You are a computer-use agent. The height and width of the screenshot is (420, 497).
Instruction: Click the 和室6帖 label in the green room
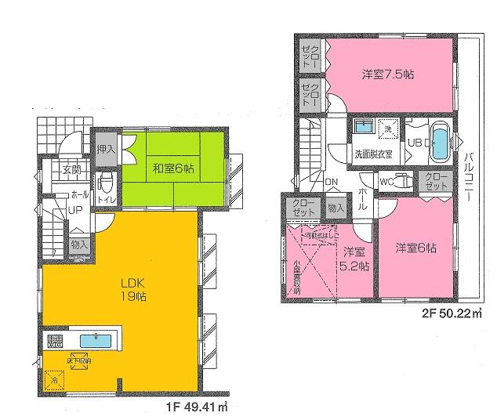[x=173, y=168]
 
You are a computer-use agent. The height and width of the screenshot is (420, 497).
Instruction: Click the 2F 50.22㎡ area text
[x=451, y=313]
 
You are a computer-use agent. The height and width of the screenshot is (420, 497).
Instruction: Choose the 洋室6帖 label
[x=415, y=248]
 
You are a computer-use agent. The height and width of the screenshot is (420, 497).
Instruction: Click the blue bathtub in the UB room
[x=441, y=143]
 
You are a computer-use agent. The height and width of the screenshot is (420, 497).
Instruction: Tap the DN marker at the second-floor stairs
[x=332, y=183]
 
